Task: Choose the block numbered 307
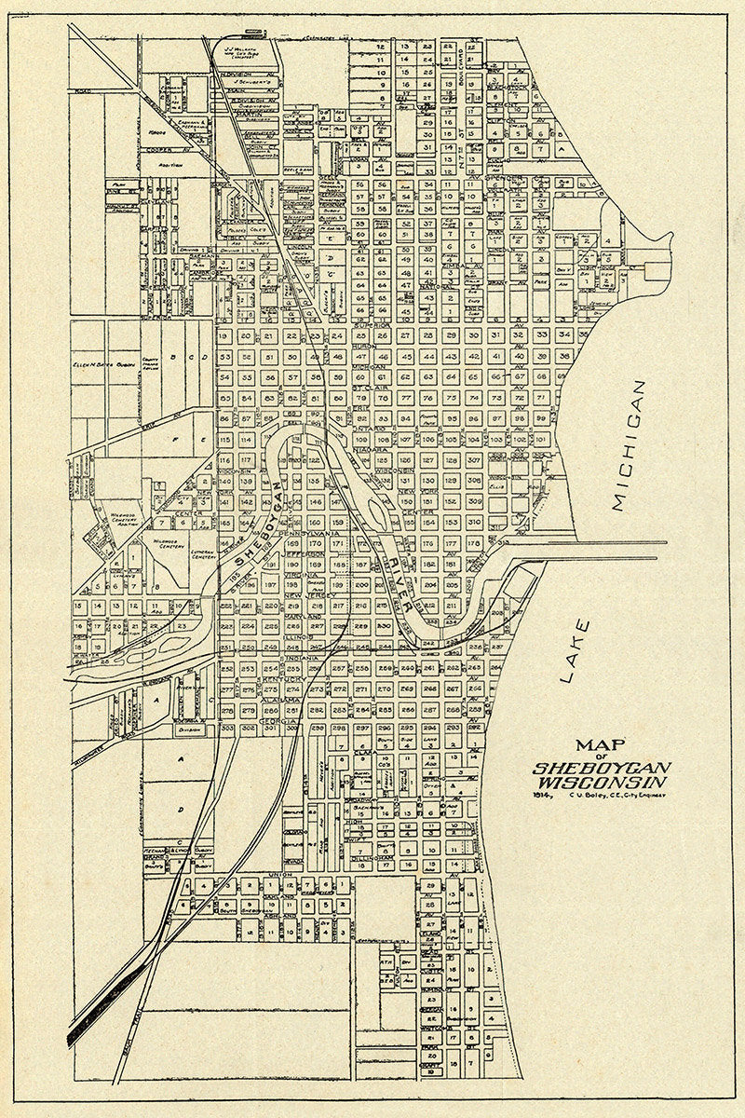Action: [474, 459]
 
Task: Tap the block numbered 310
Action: [474, 523]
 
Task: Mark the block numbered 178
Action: [474, 543]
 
